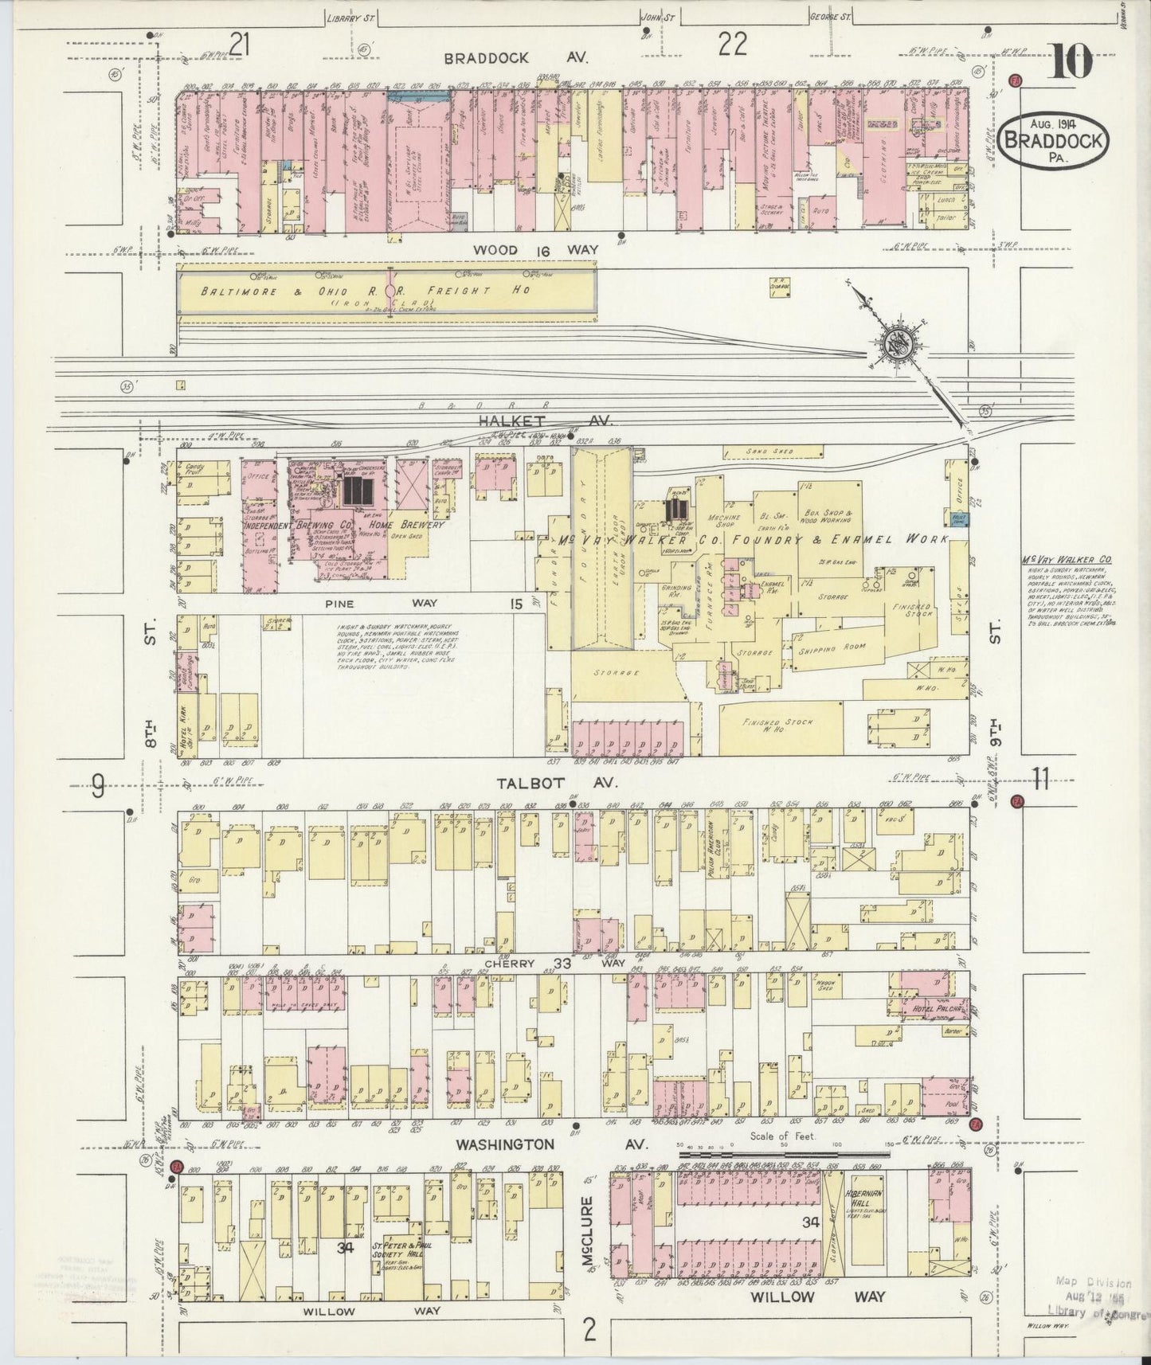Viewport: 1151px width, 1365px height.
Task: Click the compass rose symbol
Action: pos(898,345)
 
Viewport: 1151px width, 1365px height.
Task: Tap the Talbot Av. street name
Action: pos(557,783)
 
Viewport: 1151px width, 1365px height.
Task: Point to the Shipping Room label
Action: pos(833,647)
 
